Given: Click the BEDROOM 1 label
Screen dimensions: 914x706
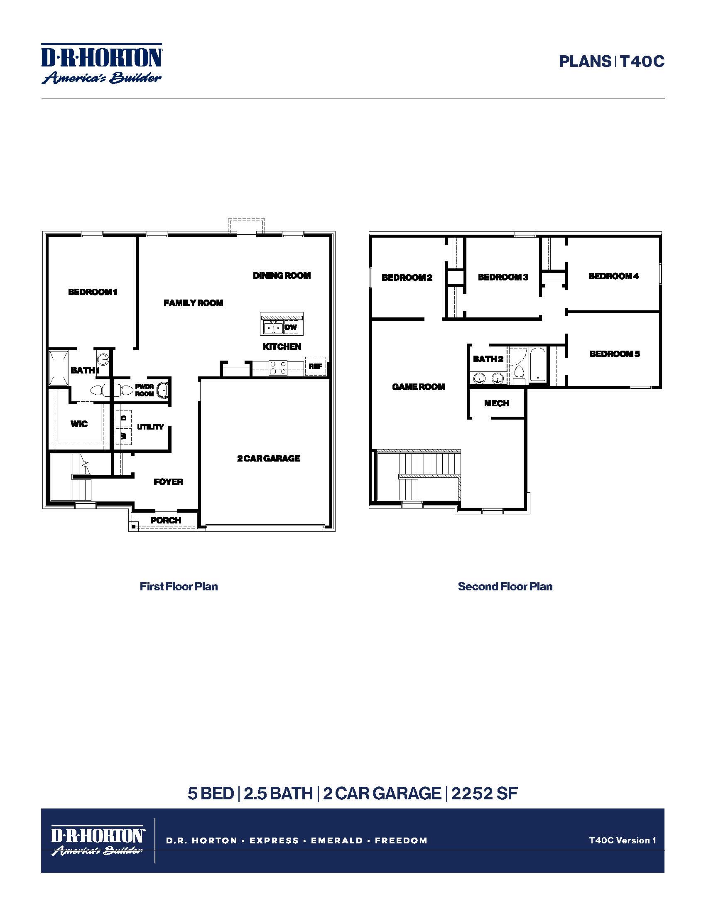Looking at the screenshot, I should point(93,292).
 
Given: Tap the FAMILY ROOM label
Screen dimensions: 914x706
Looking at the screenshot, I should point(193,303).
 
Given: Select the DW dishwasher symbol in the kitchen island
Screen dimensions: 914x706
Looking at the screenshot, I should point(291,327).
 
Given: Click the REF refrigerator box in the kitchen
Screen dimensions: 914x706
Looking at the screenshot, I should point(315,366).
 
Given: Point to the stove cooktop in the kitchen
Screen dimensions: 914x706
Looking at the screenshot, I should point(278,367).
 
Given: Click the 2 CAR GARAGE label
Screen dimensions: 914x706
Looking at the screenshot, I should point(269,458).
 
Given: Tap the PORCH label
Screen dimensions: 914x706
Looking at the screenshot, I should point(166,520).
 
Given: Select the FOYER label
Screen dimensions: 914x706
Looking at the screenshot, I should point(168,482).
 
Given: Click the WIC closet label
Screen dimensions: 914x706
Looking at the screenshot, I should point(79,424).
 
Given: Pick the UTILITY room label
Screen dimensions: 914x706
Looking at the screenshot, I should point(150,427).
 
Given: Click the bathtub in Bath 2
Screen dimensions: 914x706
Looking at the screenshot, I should point(538,364).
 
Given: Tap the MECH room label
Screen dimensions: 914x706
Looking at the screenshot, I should point(496,403).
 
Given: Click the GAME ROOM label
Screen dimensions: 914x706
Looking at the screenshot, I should point(418,387).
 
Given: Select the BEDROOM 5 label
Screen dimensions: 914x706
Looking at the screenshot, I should point(614,354).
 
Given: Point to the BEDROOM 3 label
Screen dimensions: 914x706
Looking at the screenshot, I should point(503,277).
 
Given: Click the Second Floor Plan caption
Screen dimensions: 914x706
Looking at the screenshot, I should point(505,586).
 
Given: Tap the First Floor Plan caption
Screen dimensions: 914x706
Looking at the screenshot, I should point(179,586).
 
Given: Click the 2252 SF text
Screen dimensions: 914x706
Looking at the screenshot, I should point(484,794).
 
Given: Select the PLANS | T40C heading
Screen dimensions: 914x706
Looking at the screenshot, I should point(611,62).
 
